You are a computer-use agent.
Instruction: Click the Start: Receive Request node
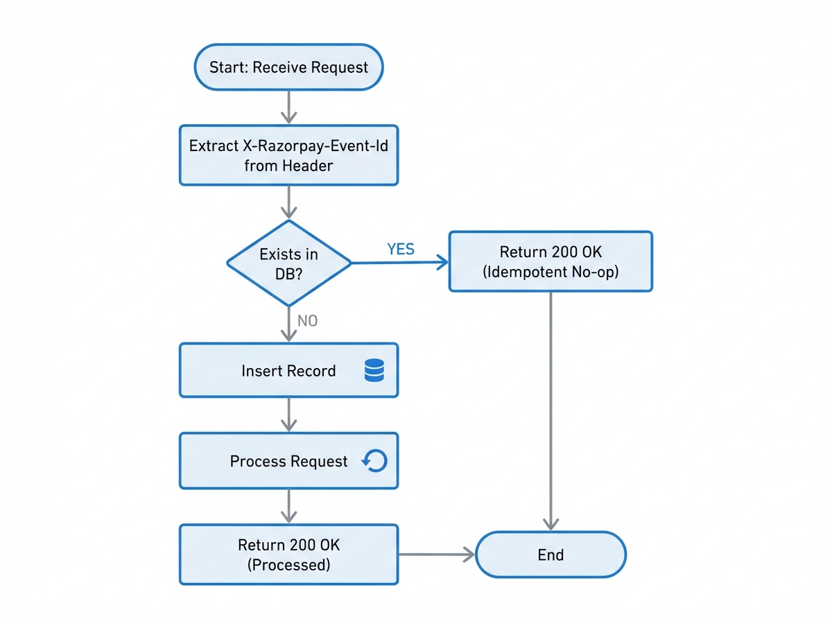click(x=288, y=67)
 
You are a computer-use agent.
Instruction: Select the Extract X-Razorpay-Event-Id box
click(x=288, y=155)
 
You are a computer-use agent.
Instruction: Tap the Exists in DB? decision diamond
click(x=288, y=263)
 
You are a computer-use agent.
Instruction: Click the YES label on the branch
click(x=401, y=250)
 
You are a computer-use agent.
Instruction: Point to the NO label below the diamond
click(x=307, y=321)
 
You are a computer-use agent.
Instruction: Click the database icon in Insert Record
click(x=374, y=371)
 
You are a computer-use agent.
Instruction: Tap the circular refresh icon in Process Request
click(x=374, y=461)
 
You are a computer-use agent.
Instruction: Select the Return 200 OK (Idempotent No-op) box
click(x=551, y=261)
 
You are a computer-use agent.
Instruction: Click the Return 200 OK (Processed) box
click(x=288, y=554)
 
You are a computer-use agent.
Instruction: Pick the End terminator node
click(x=551, y=554)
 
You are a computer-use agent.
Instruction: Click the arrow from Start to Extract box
click(x=288, y=107)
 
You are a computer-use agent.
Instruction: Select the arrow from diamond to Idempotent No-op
click(x=399, y=263)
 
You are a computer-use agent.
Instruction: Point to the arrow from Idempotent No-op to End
click(x=551, y=409)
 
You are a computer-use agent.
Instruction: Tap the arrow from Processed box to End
click(x=437, y=554)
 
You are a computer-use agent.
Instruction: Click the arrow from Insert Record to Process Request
click(x=288, y=414)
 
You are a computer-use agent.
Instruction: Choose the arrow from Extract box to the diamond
click(x=288, y=202)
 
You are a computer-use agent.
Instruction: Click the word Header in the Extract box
click(x=308, y=166)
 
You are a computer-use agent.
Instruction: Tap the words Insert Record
click(x=288, y=371)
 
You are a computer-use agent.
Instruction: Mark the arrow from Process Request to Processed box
click(x=288, y=505)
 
